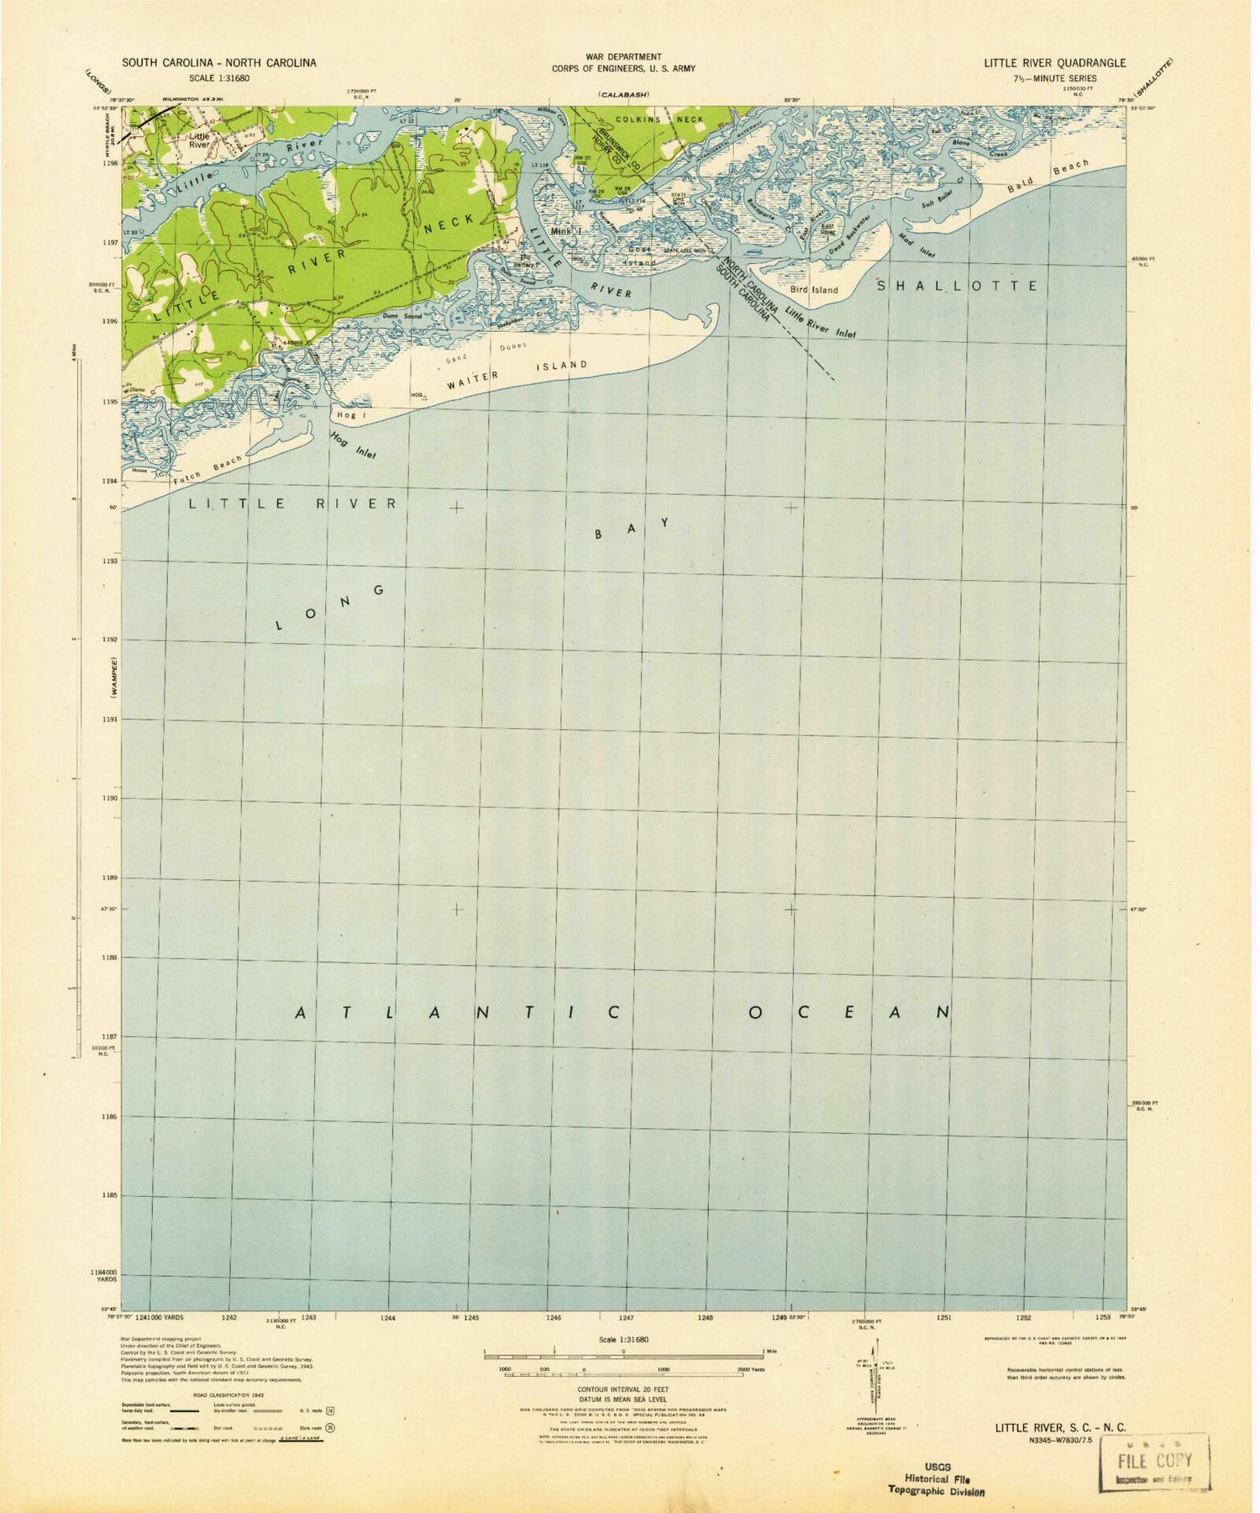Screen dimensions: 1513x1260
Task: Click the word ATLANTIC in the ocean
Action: coord(459,1013)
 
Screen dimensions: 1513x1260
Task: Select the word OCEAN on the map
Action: coord(848,1012)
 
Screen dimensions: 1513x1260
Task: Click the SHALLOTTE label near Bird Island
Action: coord(958,286)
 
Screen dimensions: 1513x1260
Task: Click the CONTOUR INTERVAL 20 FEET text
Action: coord(623,1391)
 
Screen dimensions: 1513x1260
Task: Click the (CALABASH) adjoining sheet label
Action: coord(623,95)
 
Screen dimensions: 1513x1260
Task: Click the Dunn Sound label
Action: coord(401,315)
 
